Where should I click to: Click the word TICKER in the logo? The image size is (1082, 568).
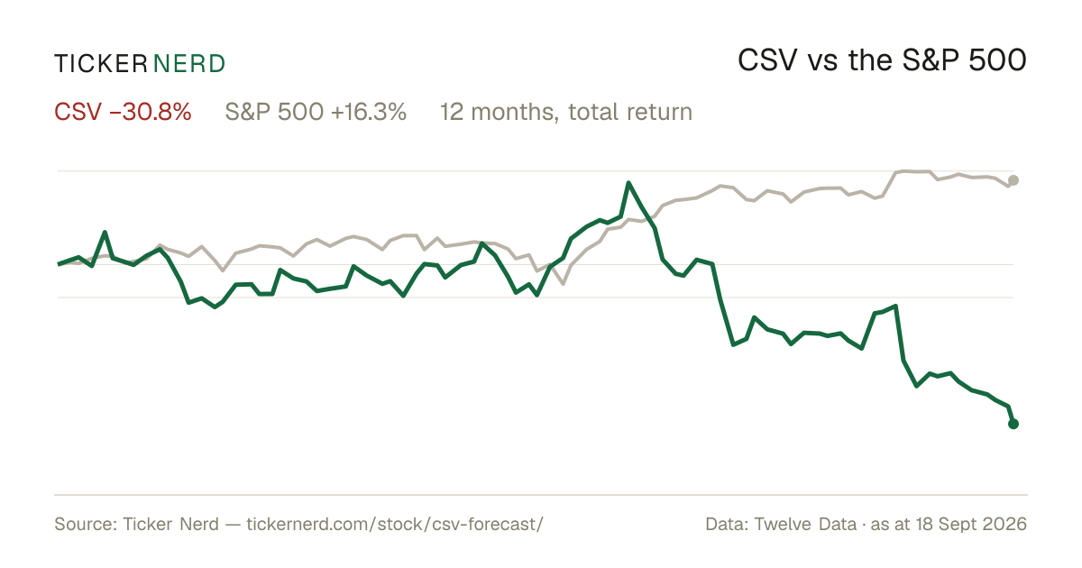coord(100,64)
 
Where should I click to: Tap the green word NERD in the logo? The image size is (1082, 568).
coord(188,64)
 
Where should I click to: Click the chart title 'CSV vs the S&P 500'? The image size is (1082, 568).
coord(882,61)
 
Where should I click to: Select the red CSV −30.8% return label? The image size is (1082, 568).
coord(123,112)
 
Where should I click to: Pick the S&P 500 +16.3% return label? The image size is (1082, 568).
coord(316,112)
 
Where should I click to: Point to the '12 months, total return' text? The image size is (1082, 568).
coord(565,113)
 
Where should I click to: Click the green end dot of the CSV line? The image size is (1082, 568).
coord(1013,424)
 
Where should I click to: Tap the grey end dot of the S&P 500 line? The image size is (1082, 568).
coord(1013,180)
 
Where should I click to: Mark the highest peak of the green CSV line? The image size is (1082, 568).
coord(628,182)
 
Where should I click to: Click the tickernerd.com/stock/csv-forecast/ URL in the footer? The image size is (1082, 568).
coord(395,524)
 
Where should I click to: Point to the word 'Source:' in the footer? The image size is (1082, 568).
coord(86,524)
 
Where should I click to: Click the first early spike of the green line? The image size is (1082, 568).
coord(105,233)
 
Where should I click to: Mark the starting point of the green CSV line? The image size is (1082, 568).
coord(58,264)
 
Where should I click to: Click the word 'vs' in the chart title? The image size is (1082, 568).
coord(822,64)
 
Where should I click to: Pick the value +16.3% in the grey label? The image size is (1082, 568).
coord(369,112)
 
